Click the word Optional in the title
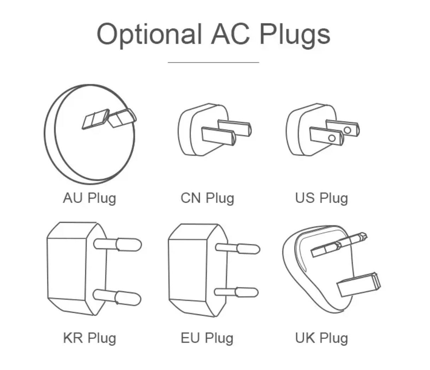click(149, 34)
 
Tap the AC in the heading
click(230, 34)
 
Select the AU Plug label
click(89, 198)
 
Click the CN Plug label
click(207, 198)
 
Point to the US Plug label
click(321, 198)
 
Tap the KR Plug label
click(89, 338)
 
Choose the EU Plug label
click(207, 338)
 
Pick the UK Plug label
click(321, 338)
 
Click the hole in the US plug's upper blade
click(347, 130)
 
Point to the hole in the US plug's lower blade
click(332, 138)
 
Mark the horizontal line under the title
click(213, 62)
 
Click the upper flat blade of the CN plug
click(234, 127)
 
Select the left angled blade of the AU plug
click(95, 119)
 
